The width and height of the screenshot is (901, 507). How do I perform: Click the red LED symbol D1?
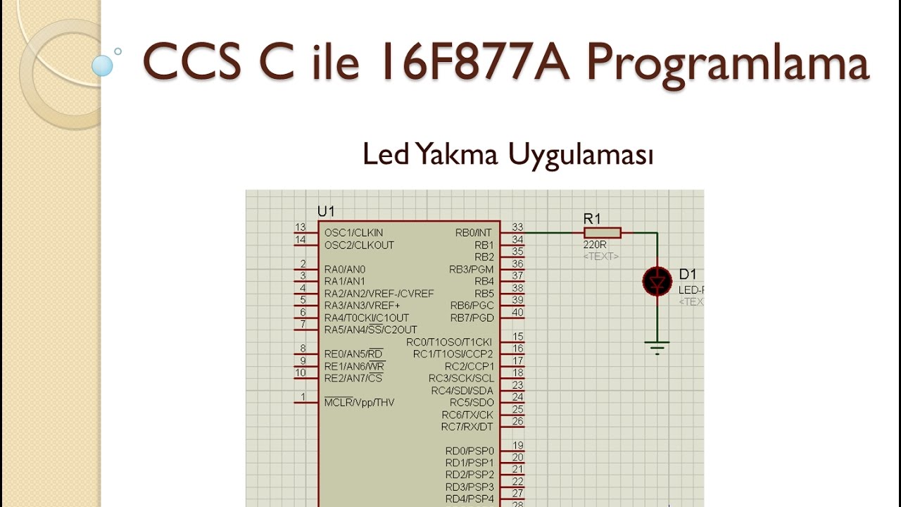coord(657,282)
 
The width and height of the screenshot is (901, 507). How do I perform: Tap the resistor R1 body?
coord(602,232)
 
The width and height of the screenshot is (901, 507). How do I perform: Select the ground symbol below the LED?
coord(657,347)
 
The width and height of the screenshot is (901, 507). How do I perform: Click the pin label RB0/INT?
coord(474,232)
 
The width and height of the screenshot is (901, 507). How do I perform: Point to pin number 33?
coord(517,227)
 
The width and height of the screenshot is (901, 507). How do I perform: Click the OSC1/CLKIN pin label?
coord(353,232)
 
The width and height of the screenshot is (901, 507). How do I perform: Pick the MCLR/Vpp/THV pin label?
coord(359,403)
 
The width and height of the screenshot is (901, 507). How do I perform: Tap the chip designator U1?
coord(326,211)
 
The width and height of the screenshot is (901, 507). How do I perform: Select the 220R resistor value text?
coord(595,245)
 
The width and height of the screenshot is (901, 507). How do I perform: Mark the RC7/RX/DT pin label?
coord(467,427)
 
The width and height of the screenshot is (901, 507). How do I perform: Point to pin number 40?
coord(517,313)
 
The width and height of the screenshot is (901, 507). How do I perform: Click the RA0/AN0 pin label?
coord(345,269)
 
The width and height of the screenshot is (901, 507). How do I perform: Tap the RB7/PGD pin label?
coord(472,318)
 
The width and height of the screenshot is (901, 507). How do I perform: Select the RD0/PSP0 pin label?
coord(470,451)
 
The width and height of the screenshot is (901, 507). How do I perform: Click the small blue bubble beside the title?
coord(102,66)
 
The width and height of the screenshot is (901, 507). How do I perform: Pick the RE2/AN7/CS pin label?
coord(353,378)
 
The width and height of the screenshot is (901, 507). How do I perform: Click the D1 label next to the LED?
coord(688,274)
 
